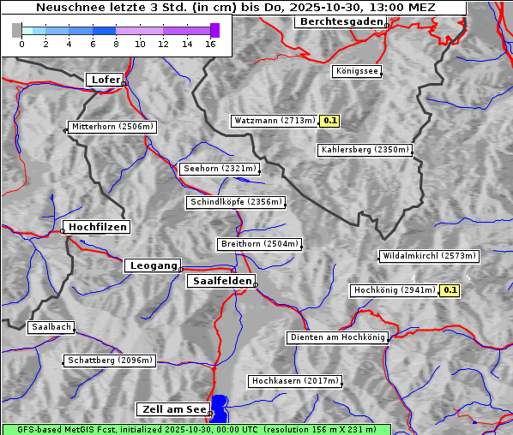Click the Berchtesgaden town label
click(x=340, y=21)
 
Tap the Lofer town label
click(x=106, y=80)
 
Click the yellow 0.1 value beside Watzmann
click(x=330, y=121)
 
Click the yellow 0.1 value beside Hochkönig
click(x=450, y=290)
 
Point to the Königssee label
click(x=357, y=71)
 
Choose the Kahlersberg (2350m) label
click(x=364, y=150)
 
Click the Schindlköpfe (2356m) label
click(x=235, y=202)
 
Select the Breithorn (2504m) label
click(x=259, y=244)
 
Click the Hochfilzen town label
click(x=97, y=227)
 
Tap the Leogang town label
click(x=153, y=265)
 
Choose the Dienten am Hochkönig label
click(x=337, y=337)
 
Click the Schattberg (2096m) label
click(x=110, y=361)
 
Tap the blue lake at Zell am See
click(x=220, y=407)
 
